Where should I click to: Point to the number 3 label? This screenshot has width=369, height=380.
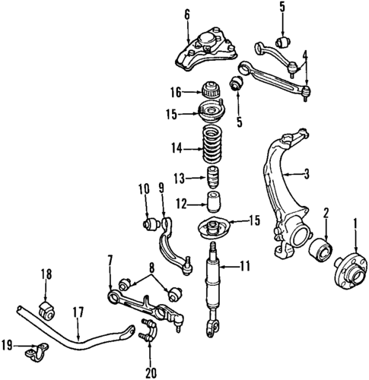pos(307,176)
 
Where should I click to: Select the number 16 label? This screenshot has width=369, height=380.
pos(175,93)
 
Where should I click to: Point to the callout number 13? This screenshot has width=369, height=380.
pos(177,179)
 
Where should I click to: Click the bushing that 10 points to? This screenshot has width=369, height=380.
pos(151,224)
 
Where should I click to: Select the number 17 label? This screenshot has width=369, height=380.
pos(78,311)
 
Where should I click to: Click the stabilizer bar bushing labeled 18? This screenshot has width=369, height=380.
pos(44,309)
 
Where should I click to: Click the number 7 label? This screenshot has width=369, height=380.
pos(110,262)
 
